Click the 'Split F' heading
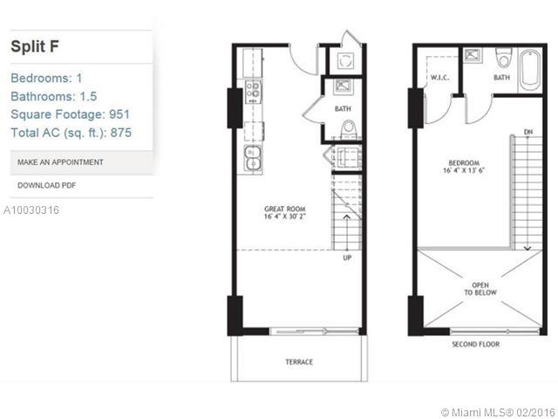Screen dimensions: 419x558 coord(34,46)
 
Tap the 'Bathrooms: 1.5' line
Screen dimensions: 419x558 coord(52,96)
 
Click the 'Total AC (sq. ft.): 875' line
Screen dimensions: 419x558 coord(71,133)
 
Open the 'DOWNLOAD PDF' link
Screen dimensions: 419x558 coord(47,185)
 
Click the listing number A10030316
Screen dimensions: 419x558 coord(31,210)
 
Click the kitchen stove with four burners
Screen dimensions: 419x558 coord(253,90)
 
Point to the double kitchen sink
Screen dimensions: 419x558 coord(252,157)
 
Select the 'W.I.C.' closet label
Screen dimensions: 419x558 coord(439,77)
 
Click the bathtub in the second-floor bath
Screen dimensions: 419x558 coord(530,71)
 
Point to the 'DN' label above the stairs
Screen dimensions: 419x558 coord(528,132)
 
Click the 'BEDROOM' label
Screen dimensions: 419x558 coord(462,162)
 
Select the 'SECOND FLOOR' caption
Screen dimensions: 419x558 coord(474,344)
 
